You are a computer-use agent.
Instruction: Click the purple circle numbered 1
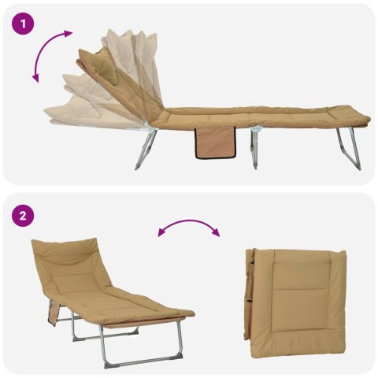23,24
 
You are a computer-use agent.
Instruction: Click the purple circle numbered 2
23,216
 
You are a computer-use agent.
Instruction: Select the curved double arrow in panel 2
188,223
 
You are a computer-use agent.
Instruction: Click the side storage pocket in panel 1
215,143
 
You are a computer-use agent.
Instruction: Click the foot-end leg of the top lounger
349,149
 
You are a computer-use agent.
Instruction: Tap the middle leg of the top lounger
254,147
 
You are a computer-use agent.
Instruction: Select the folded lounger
295,303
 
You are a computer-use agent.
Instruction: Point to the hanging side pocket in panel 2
54,313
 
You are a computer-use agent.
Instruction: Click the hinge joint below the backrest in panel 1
149,128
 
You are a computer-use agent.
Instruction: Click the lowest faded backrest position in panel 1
87,117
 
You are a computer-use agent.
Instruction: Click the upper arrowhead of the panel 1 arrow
68,33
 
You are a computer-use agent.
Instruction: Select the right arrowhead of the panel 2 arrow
216,232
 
